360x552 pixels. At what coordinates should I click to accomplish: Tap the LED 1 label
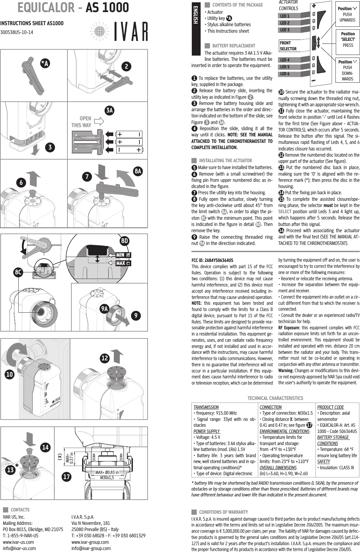285,16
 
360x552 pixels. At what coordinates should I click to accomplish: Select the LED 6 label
285,74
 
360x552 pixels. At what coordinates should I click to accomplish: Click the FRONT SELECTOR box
288,46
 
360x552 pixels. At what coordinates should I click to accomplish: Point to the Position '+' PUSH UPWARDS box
348,14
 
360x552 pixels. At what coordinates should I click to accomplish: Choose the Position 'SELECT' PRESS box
348,39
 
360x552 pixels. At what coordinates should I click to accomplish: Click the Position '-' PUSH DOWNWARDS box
348,70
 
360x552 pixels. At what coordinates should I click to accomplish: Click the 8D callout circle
124,241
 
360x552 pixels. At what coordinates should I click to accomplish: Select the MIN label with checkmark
123,255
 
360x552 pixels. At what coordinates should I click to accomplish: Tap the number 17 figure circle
67,477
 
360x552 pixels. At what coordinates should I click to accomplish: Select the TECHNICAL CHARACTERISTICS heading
275,398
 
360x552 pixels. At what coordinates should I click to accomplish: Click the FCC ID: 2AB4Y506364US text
212,260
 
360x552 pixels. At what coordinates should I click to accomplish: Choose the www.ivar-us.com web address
18,542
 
